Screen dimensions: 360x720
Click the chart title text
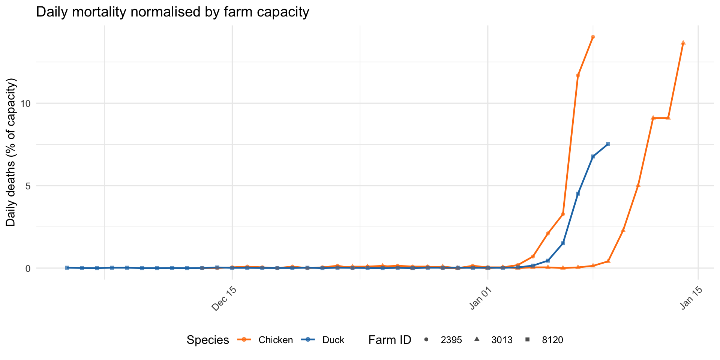(x=172, y=12)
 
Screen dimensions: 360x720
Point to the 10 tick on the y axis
(x=25, y=103)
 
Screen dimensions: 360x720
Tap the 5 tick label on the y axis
(x=28, y=186)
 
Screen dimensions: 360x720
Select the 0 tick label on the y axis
(x=28, y=268)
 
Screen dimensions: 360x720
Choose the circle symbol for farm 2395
(x=426, y=340)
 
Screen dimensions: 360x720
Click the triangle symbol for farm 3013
(x=477, y=339)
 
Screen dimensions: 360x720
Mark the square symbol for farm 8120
(x=528, y=340)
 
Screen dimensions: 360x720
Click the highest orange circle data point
(x=593, y=37)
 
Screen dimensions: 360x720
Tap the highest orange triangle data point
(x=683, y=43)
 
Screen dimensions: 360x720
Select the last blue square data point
(x=608, y=144)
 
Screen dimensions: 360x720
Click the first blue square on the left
(x=67, y=268)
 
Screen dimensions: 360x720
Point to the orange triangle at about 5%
(x=638, y=186)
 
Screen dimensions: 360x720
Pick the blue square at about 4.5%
(x=578, y=193)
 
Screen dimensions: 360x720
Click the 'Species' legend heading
(x=208, y=340)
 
